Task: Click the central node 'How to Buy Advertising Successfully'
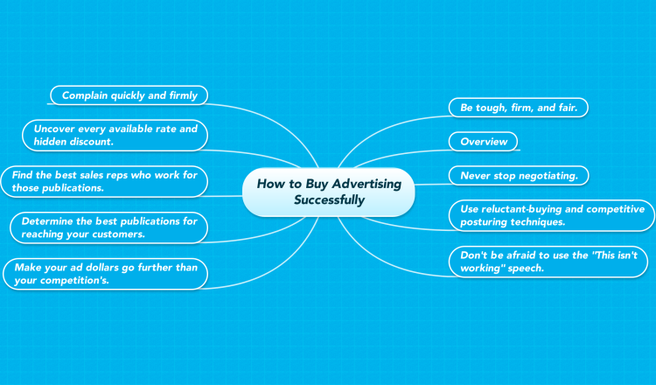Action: [328, 192]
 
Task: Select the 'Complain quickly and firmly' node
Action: [129, 95]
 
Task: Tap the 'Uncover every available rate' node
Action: [115, 135]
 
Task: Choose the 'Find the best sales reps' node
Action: [104, 181]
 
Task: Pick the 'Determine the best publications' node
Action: [108, 227]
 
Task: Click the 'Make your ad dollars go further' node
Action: [106, 274]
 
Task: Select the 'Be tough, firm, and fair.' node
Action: [519, 108]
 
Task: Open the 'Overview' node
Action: [483, 142]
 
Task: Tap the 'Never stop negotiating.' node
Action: [519, 175]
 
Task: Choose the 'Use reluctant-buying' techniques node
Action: [552, 215]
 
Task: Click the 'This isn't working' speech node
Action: [548, 262]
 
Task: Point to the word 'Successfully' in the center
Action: [329, 200]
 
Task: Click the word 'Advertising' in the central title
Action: [366, 184]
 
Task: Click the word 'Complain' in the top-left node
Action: [79, 96]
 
